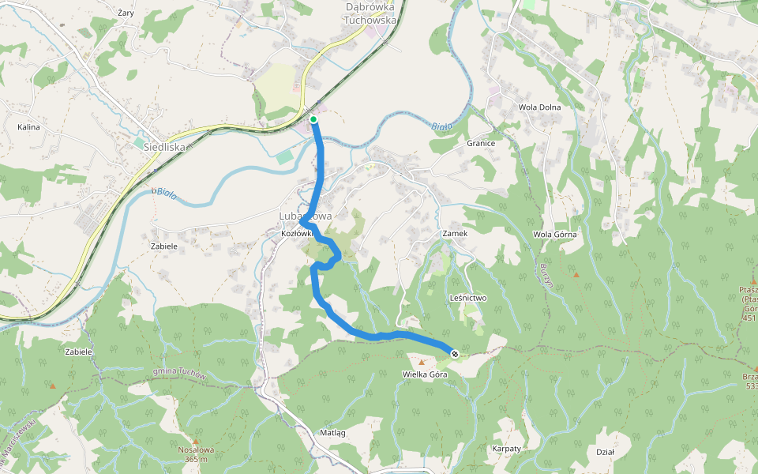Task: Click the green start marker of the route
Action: [x=313, y=119]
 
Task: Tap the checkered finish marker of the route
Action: [x=455, y=352]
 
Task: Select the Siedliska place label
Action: [x=164, y=146]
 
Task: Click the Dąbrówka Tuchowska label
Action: [x=370, y=13]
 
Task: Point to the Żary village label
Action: [x=125, y=13]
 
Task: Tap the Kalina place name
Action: [x=28, y=126]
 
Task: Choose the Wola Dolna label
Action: [x=539, y=107]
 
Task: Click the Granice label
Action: [x=480, y=143]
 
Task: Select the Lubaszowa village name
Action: [x=305, y=216]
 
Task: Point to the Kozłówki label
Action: [x=298, y=234]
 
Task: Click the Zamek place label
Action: [x=456, y=234]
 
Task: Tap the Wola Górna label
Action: [x=555, y=234]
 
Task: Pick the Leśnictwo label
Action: [x=467, y=298]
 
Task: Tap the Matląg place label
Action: [x=332, y=433]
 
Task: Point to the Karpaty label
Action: [x=506, y=448]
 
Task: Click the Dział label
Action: [x=605, y=451]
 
